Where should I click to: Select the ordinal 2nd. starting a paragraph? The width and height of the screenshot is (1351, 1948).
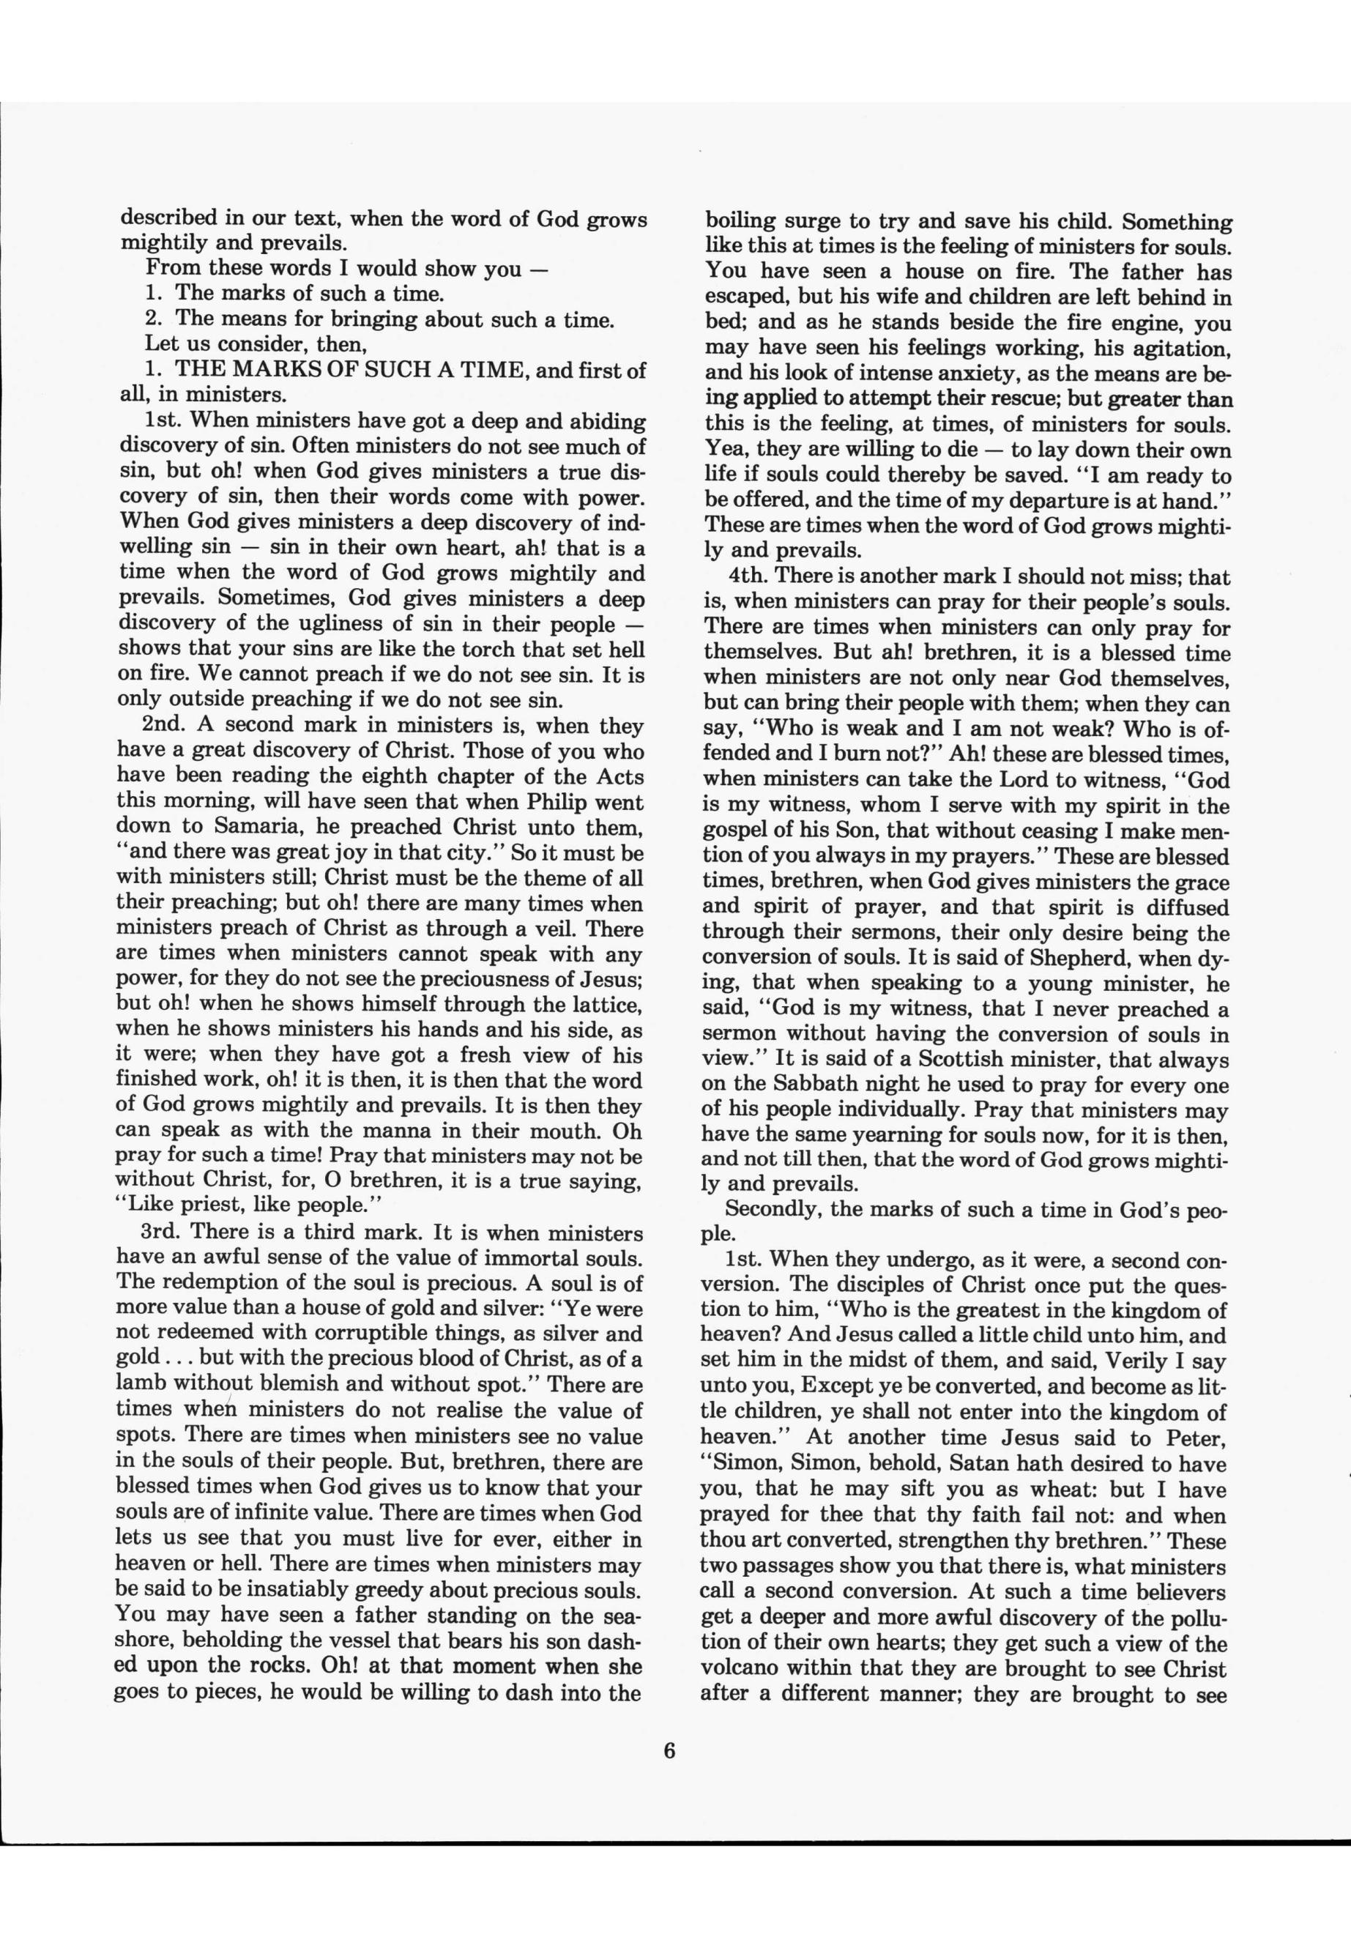pos(168,726)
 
